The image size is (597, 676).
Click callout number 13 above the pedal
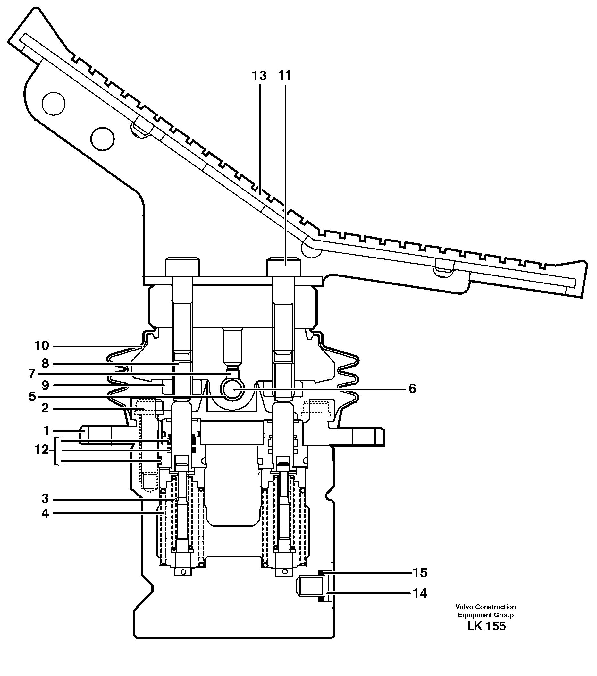point(259,76)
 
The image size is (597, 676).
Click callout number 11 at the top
point(284,75)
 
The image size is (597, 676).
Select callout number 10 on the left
point(42,346)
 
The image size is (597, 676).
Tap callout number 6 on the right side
point(412,389)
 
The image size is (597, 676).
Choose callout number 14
point(420,594)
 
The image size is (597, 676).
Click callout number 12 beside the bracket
point(42,450)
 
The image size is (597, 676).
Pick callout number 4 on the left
point(45,514)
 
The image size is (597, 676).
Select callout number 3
point(45,499)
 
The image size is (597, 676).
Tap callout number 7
point(32,374)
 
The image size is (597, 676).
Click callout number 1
point(46,431)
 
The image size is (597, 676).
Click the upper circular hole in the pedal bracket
point(53,104)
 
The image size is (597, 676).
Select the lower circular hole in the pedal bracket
point(103,139)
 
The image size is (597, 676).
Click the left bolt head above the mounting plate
point(182,266)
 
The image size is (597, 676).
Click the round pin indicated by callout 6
point(232,389)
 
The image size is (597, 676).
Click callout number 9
point(45,385)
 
